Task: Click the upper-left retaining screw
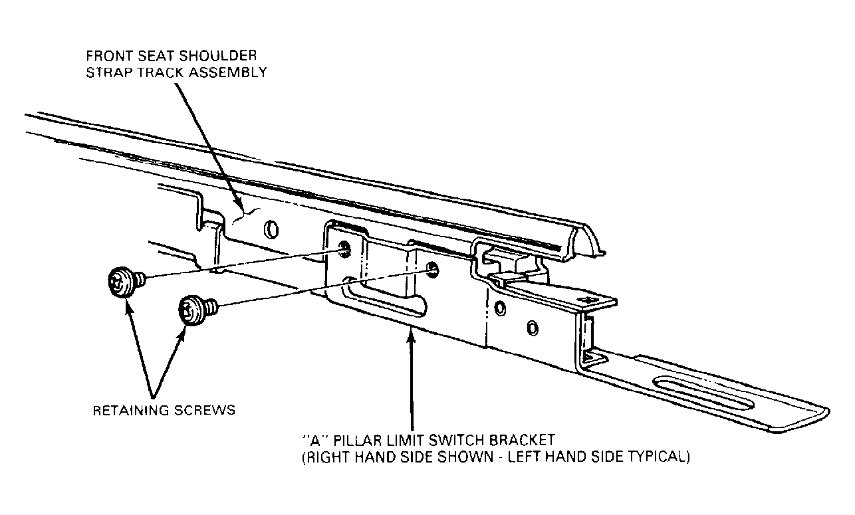pos(126,282)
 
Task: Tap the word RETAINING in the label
pos(131,411)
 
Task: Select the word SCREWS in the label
pos(205,411)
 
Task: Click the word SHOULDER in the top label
pos(217,56)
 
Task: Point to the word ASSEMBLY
pos(227,72)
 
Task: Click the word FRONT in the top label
pos(110,56)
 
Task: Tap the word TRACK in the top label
pos(160,72)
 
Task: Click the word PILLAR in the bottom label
pos(358,440)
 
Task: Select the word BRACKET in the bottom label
pos(522,440)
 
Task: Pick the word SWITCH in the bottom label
pos(457,440)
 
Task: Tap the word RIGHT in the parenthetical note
pos(328,457)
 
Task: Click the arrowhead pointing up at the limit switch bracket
pos(411,338)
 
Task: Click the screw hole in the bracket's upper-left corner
pos(344,249)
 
